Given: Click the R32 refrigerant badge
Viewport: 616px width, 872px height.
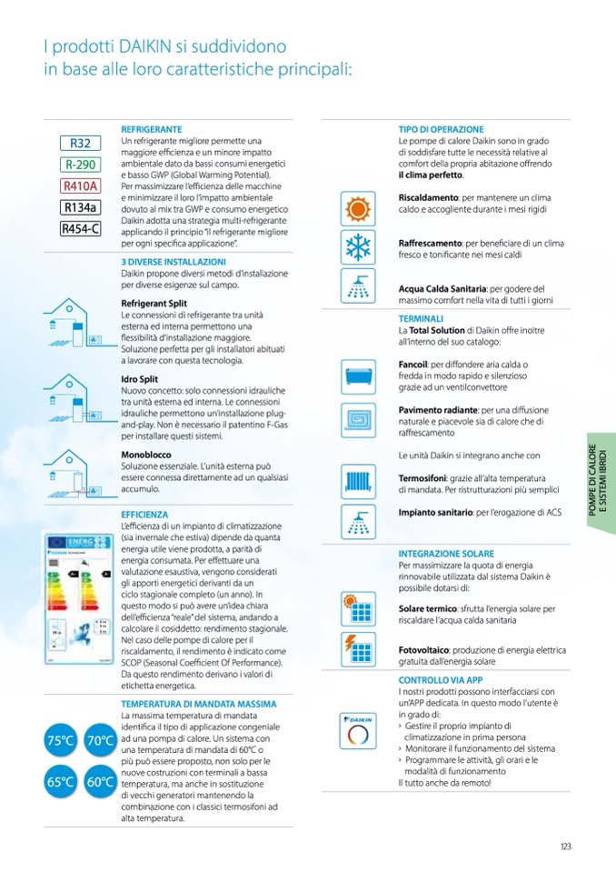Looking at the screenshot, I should pyautogui.click(x=80, y=143).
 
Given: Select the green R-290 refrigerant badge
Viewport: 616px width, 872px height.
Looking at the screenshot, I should pyautogui.click(x=80, y=165).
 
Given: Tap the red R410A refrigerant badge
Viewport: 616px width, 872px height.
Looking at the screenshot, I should pyautogui.click(x=80, y=186).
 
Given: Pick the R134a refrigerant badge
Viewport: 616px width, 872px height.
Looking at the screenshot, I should pyautogui.click(x=80, y=208).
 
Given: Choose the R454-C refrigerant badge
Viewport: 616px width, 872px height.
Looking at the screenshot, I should pyautogui.click(x=80, y=229).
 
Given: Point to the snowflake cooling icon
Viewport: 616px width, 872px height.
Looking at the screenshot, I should pyautogui.click(x=356, y=247).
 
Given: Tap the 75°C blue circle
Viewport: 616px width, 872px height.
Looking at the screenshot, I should pyautogui.click(x=60, y=741).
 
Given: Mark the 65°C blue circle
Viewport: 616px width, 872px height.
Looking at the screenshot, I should pyautogui.click(x=60, y=781).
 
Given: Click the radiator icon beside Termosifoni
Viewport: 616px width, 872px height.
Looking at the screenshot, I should pyautogui.click(x=356, y=480).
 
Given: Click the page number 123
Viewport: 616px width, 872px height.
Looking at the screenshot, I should pyautogui.click(x=565, y=847).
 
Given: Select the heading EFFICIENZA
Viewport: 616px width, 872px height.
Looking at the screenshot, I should pyautogui.click(x=144, y=515).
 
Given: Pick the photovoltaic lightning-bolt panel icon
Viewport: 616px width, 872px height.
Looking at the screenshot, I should pyautogui.click(x=356, y=647).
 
